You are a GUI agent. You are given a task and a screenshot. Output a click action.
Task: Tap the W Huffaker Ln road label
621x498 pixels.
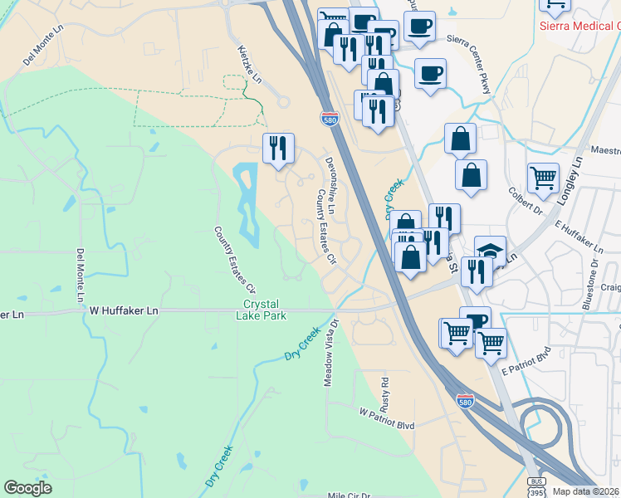point(124,310)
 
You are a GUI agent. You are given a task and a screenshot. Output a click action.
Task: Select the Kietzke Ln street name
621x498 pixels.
point(249,65)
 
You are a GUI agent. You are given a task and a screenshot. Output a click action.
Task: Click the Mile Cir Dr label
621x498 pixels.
point(349,495)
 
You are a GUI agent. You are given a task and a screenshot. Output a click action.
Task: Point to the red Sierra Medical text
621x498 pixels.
point(582,26)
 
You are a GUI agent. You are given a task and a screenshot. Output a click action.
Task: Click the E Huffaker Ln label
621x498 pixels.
point(579,237)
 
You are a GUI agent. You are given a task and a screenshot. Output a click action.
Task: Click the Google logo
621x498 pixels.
point(28,488)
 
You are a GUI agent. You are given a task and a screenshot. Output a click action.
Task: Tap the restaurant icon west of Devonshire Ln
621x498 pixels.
point(278,148)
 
